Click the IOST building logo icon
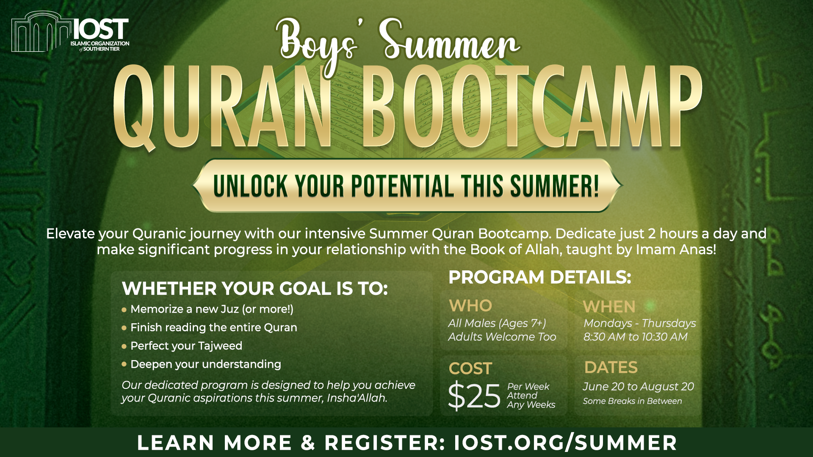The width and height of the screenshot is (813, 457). [41, 32]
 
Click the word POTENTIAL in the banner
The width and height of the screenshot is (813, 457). [402, 186]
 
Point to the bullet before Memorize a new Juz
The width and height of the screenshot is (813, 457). [124, 310]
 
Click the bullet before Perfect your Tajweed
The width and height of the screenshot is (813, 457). [124, 346]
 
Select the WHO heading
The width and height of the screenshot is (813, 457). [470, 306]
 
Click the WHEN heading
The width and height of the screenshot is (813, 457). [609, 306]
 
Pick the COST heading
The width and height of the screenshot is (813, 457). [470, 369]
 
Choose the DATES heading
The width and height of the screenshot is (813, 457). [611, 367]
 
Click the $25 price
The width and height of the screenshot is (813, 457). [474, 396]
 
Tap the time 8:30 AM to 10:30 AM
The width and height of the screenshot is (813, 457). [635, 337]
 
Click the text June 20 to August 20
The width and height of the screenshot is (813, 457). [638, 386]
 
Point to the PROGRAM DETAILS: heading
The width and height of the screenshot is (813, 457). [540, 277]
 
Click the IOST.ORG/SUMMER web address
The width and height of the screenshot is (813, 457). [565, 443]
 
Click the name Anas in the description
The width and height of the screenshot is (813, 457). [697, 249]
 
